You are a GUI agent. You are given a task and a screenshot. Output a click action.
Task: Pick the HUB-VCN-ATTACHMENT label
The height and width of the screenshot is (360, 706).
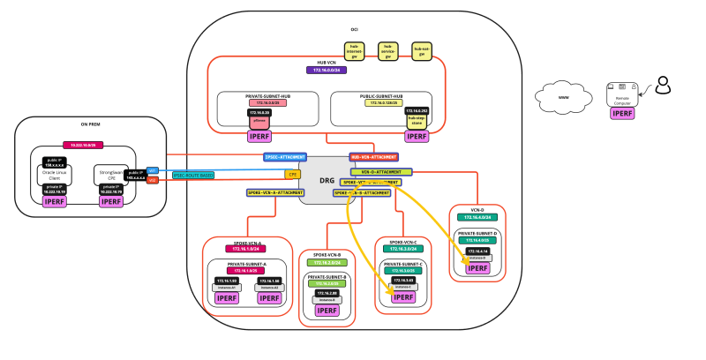[374, 157]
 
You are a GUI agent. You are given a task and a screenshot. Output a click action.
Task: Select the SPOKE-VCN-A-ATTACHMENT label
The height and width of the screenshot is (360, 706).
[275, 191]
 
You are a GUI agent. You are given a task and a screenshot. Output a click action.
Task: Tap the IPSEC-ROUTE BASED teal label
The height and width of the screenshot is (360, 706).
[194, 175]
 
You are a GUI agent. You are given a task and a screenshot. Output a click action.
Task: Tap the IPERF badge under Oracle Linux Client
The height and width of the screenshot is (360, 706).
[55, 202]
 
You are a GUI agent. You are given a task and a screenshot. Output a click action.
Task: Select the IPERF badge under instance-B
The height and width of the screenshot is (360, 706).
[326, 311]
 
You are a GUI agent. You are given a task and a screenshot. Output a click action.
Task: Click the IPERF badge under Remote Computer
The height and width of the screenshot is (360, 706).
[622, 113]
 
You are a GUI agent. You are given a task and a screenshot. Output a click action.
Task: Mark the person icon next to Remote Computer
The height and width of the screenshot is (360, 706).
[663, 86]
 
